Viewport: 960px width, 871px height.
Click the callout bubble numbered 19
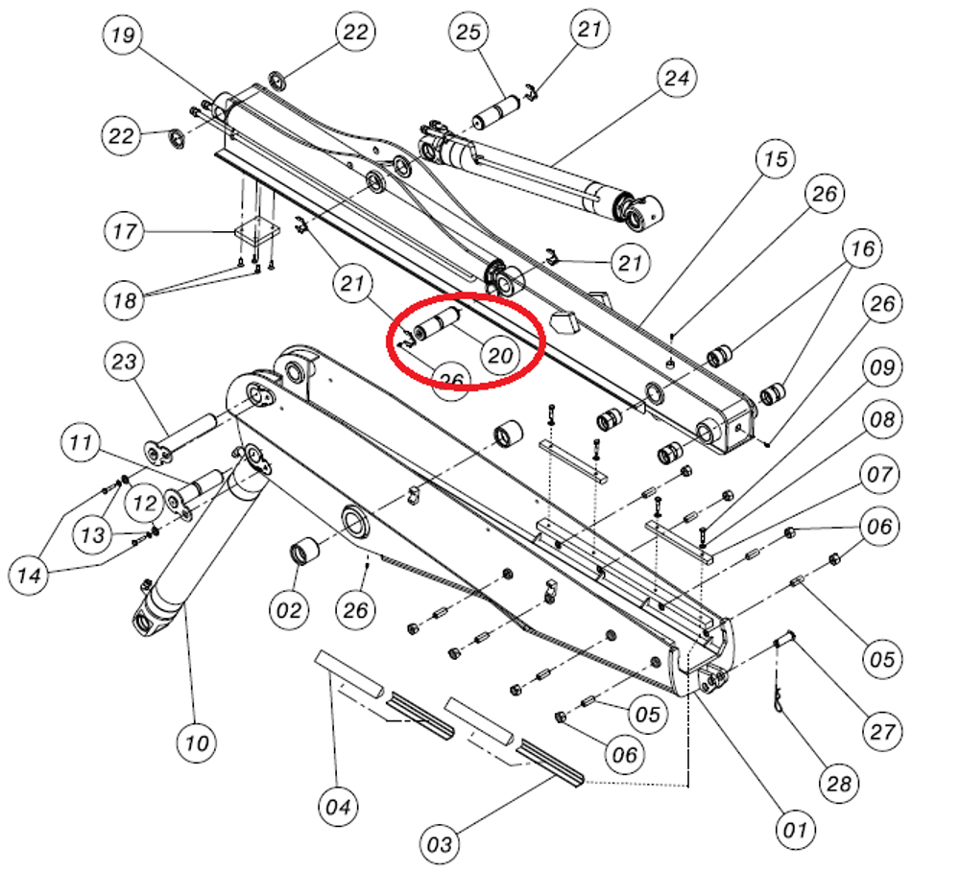[x=123, y=37]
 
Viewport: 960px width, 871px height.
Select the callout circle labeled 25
[x=468, y=33]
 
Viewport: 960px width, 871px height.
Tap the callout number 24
[x=677, y=78]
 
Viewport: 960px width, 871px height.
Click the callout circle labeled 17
[x=124, y=231]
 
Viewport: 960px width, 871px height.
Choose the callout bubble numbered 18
[x=124, y=300]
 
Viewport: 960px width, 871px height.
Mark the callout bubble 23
[x=125, y=363]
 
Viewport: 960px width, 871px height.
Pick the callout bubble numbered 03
[x=440, y=844]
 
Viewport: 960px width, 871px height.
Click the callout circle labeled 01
[x=795, y=828]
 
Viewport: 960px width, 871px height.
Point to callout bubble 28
[x=838, y=784]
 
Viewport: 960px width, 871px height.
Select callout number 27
[x=882, y=731]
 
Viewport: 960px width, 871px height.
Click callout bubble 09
[x=881, y=366]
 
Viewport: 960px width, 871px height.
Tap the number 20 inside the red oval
[x=499, y=356]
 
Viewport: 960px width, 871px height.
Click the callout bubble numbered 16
[x=862, y=248]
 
